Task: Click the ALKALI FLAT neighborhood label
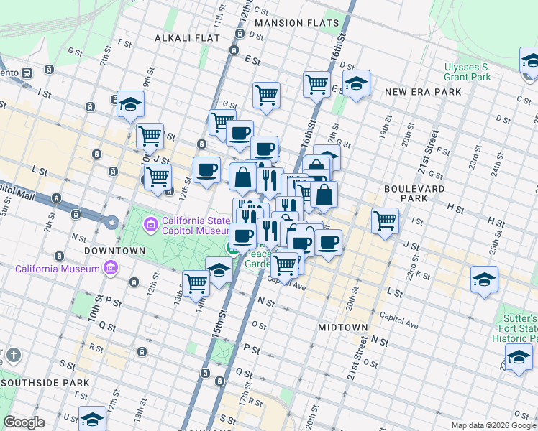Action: pos(183,37)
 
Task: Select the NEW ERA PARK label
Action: pos(423,92)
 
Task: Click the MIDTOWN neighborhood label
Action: pos(343,327)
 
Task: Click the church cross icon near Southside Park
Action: pos(13,356)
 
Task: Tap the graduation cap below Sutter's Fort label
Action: pos(519,357)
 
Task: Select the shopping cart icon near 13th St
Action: pos(196,282)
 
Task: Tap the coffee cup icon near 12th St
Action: pos(206,170)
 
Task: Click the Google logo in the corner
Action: pos(24,422)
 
